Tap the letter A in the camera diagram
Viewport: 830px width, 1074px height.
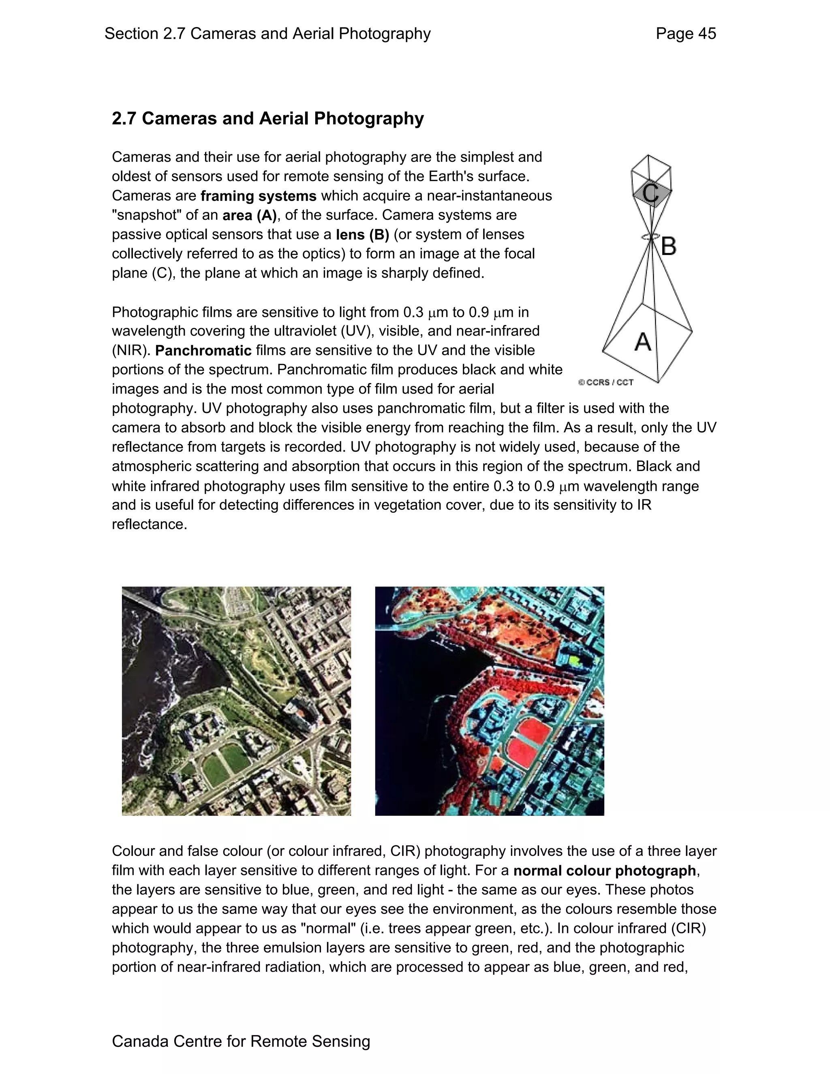tap(643, 341)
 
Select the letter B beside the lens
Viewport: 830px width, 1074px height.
tap(668, 246)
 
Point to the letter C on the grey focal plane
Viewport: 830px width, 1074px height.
tap(650, 193)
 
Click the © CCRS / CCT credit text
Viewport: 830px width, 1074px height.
tap(606, 382)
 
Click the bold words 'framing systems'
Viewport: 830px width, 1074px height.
tap(258, 196)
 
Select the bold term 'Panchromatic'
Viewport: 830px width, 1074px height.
tap(203, 351)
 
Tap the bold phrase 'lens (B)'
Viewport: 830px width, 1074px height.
tap(362, 235)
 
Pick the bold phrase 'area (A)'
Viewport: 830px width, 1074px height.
tap(249, 215)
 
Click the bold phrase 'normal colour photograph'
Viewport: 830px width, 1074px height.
tap(604, 871)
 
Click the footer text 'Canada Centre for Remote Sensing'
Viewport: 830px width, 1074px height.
tap(241, 1041)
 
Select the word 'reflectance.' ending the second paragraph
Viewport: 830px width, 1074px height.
tap(150, 524)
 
